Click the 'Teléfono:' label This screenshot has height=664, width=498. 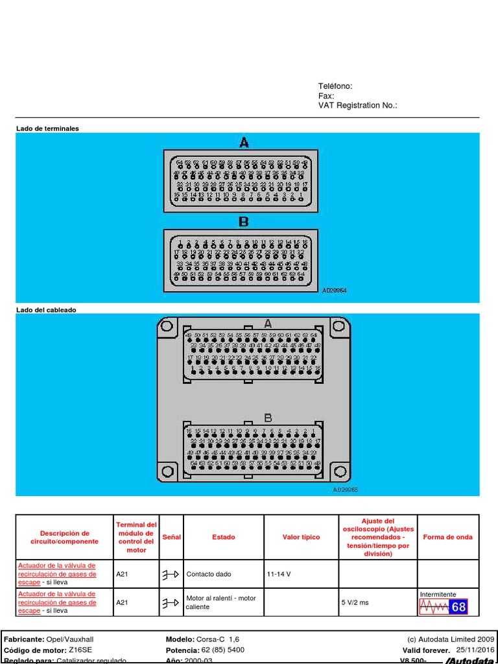(x=335, y=86)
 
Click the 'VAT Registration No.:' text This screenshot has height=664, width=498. (x=357, y=105)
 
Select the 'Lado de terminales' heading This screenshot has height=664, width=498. (x=47, y=128)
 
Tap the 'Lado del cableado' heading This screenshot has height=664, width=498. (x=46, y=310)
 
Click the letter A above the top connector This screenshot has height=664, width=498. (x=244, y=143)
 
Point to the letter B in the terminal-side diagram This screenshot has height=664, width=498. (x=244, y=222)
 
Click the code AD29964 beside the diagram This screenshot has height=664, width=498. (x=335, y=290)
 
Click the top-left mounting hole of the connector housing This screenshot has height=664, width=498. (x=167, y=327)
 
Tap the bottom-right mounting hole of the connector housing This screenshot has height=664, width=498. (x=341, y=471)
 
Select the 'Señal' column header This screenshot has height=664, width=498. (x=172, y=537)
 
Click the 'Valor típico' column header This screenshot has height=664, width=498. (x=301, y=537)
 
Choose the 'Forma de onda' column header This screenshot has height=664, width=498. (x=447, y=537)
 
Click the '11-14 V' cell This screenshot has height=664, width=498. (x=279, y=574)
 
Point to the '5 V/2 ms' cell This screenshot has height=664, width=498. (x=355, y=602)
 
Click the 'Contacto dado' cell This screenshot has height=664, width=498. (x=208, y=574)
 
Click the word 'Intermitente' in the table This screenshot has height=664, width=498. (x=438, y=594)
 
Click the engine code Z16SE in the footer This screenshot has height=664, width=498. (x=79, y=650)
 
